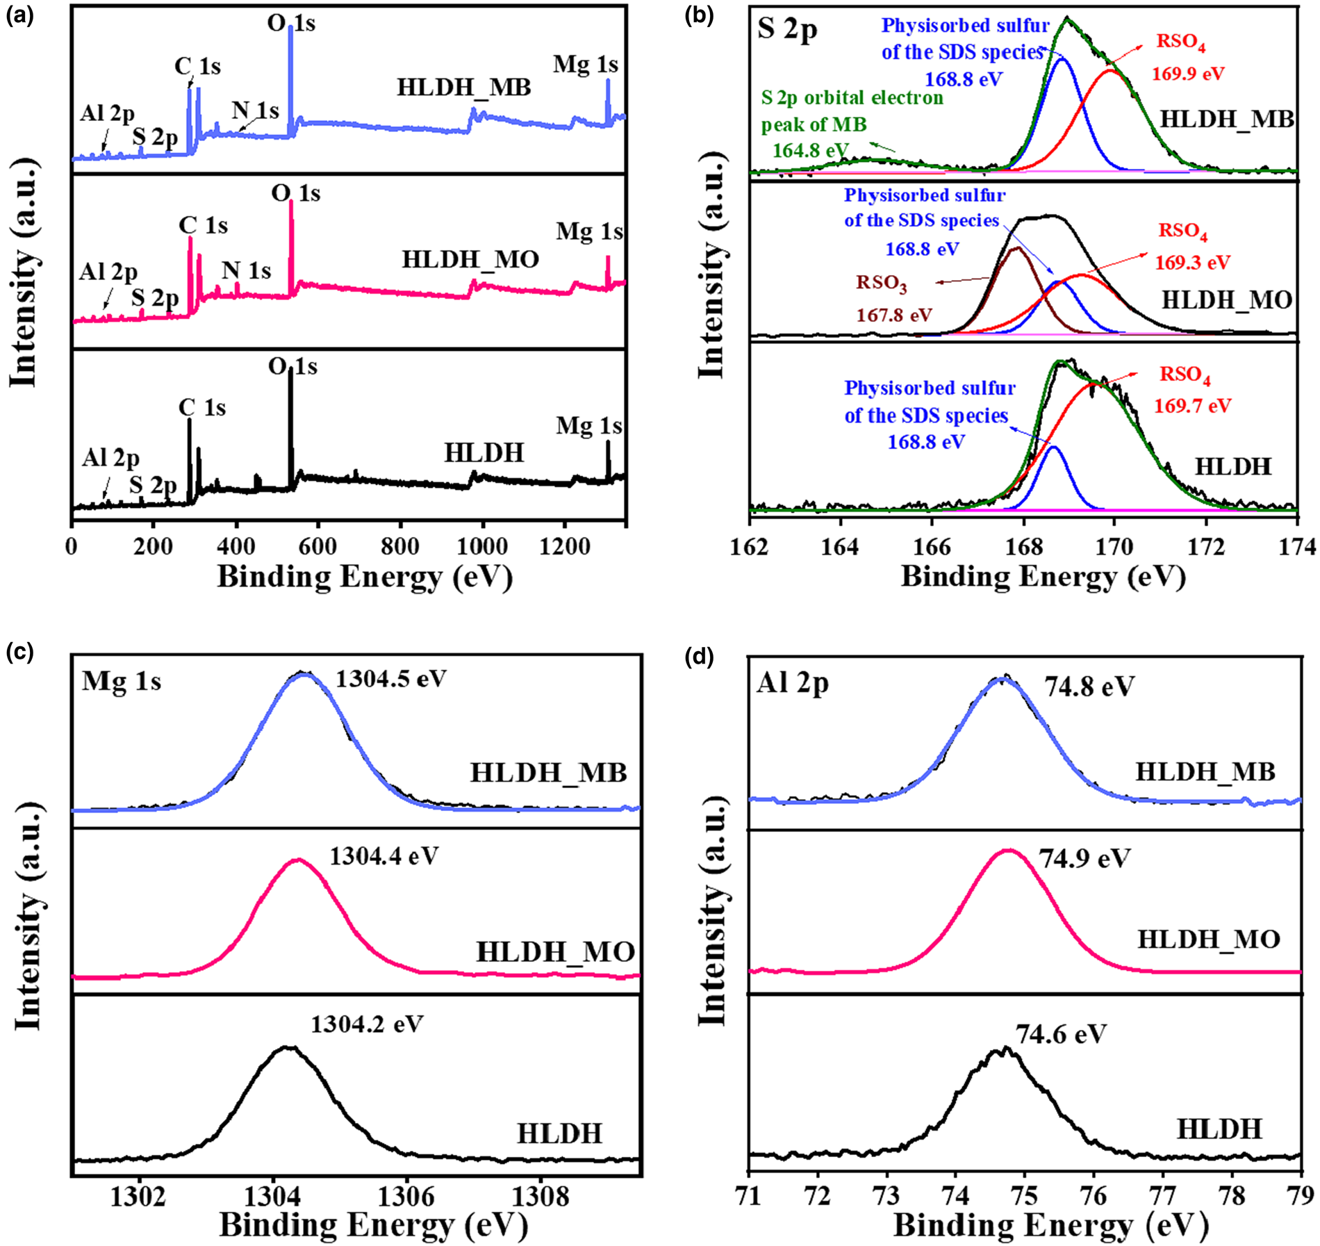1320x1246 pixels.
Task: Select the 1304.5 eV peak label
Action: point(390,678)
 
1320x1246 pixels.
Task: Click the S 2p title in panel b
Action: point(787,30)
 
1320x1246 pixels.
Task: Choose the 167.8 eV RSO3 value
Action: point(893,315)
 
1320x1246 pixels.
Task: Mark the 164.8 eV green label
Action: point(811,150)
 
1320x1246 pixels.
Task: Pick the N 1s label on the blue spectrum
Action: point(255,110)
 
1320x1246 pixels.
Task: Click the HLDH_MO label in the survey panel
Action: point(470,260)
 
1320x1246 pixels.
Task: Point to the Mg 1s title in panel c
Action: point(122,681)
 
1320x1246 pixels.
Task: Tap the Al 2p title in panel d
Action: point(793,684)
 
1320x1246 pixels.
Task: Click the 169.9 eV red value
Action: point(1188,73)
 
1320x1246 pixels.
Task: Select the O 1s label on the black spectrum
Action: point(292,366)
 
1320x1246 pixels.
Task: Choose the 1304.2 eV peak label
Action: point(366,1024)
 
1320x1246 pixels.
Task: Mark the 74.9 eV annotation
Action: point(1084,858)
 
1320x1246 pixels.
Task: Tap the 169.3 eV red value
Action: point(1192,263)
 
